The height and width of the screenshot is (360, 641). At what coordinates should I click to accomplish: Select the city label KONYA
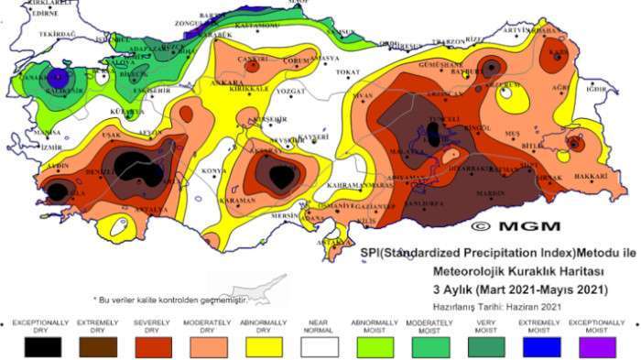click(213, 171)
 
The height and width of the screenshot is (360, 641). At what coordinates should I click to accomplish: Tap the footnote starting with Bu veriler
click(170, 300)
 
